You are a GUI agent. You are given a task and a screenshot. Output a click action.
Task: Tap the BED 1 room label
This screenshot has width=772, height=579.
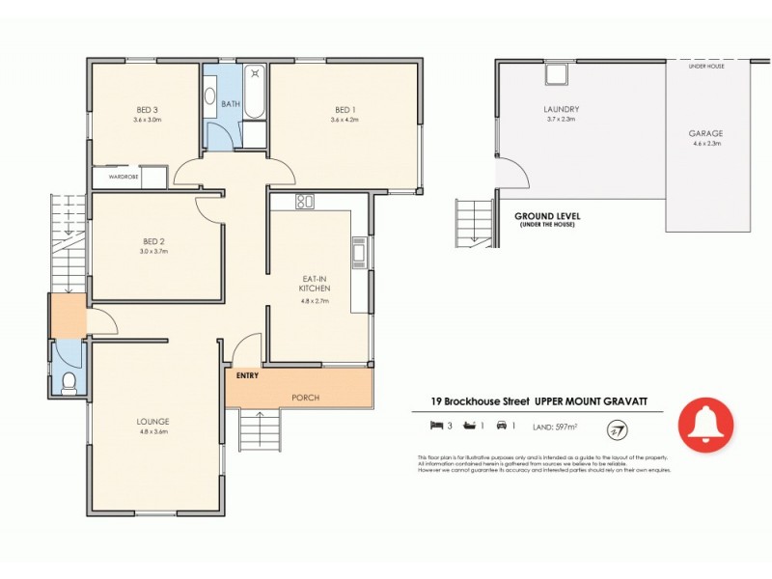click(x=345, y=109)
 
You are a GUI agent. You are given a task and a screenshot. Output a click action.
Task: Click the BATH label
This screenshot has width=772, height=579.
click(x=230, y=103)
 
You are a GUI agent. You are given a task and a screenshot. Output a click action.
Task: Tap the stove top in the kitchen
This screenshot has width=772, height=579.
click(x=305, y=202)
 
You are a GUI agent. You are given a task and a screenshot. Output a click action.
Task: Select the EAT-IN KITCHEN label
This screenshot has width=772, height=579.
click(x=317, y=283)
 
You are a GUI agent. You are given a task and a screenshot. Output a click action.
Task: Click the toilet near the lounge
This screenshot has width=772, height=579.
click(x=69, y=383)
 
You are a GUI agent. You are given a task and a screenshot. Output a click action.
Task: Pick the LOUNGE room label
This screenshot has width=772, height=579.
click(x=153, y=422)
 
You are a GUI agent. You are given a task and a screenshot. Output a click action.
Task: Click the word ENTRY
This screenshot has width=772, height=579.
click(x=246, y=375)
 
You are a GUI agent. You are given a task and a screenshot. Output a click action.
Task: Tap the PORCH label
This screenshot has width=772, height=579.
click(x=305, y=398)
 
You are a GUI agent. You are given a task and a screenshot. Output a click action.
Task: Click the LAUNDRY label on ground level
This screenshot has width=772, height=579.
click(x=561, y=109)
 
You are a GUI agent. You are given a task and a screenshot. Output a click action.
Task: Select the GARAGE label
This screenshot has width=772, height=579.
click(x=705, y=133)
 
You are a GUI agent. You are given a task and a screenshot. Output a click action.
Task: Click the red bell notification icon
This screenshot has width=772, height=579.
click(x=704, y=425)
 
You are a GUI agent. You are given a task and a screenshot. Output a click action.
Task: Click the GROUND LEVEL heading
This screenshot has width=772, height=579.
click(x=547, y=216)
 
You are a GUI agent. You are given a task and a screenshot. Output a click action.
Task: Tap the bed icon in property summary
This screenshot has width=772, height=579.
click(x=435, y=425)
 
